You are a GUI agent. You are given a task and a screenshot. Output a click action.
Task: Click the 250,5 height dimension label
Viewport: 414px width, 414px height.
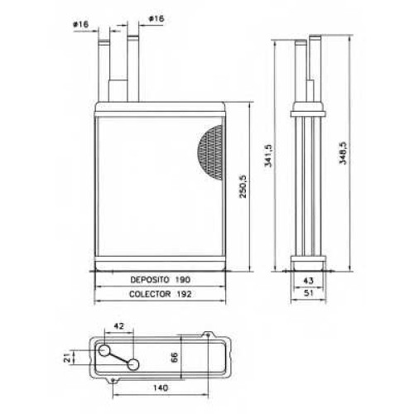coord(243,186)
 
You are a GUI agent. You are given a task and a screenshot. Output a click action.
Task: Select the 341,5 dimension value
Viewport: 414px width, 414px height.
coord(268,156)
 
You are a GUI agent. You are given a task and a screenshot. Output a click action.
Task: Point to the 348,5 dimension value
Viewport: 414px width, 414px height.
coord(342,153)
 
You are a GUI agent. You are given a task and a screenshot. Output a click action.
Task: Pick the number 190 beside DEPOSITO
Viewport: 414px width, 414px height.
coord(183,280)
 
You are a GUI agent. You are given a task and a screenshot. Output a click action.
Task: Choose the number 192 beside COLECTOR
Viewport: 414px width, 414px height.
coord(184,294)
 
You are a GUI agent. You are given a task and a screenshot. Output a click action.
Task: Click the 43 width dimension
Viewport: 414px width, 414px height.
coord(308,281)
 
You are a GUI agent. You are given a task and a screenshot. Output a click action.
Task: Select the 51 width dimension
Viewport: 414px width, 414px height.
coord(308,293)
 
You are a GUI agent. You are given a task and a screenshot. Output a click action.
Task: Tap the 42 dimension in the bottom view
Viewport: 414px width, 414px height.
coord(118,326)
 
